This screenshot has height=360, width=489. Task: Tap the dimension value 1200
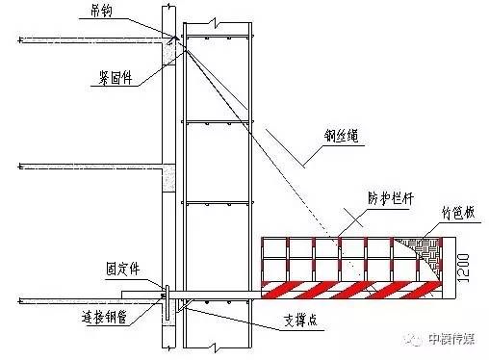[x=464, y=259]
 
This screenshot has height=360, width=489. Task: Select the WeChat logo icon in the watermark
[x=413, y=339]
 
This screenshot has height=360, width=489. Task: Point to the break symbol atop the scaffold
[x=222, y=19]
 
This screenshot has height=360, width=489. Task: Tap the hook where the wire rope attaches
[x=174, y=39]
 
